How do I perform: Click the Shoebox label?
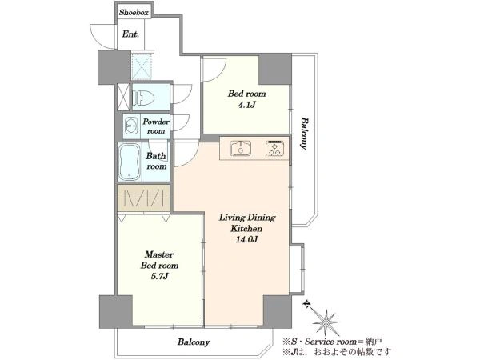click(134, 13)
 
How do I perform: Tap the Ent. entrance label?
click(130, 34)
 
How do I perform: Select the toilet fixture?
click(143, 98)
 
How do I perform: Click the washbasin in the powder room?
click(132, 126)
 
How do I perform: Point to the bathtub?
click(130, 162)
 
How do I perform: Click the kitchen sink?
click(241, 148)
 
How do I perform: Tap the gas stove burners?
click(275, 148)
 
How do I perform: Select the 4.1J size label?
click(246, 106)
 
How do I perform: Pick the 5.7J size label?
click(159, 277)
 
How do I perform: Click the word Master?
click(159, 254)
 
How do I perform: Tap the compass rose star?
click(326, 322)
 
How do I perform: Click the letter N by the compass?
click(306, 304)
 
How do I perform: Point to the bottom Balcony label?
click(194, 342)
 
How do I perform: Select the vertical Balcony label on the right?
click(304, 133)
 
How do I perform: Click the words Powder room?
click(156, 126)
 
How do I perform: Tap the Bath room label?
click(157, 161)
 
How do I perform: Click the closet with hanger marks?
click(143, 198)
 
